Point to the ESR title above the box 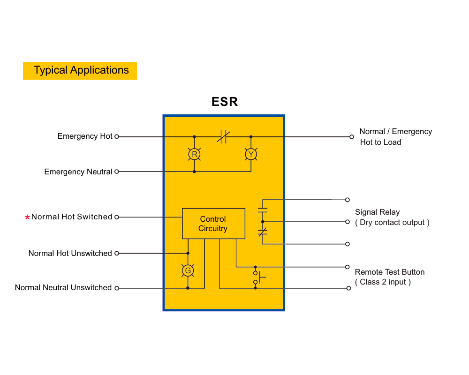[x=225, y=102]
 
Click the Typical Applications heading [x=81, y=70]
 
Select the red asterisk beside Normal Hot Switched [x=27, y=217]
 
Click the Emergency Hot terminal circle [x=117, y=137]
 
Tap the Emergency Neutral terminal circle [x=117, y=172]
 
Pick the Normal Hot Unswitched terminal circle [x=117, y=253]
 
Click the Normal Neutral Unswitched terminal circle [x=117, y=288]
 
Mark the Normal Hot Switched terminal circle [x=117, y=217]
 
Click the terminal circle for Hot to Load [x=352, y=137]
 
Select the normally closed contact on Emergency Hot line [x=223, y=137]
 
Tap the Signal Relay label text [x=377, y=212]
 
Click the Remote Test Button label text [x=389, y=272]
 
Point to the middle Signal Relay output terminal [x=347, y=222]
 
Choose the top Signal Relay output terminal [x=347, y=200]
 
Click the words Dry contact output [x=392, y=223]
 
